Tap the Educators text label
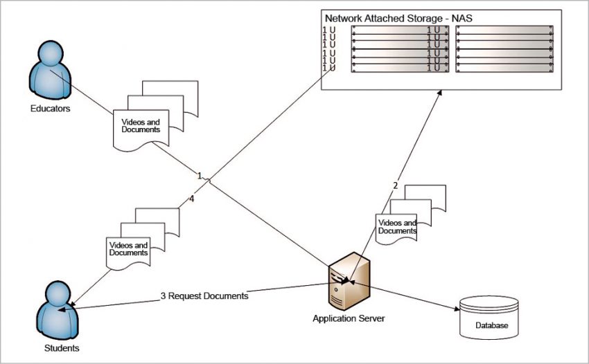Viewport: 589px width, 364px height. point(50,109)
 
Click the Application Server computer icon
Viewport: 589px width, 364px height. point(346,282)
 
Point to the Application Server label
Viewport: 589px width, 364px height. point(348,318)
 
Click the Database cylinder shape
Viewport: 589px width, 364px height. point(489,316)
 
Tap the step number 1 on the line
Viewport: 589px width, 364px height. point(200,176)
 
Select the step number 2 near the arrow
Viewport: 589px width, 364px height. point(395,185)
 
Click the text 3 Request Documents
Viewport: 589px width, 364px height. point(204,295)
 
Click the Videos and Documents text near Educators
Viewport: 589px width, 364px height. point(141,126)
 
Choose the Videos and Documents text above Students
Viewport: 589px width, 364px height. point(129,249)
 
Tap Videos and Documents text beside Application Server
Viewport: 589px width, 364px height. point(396,226)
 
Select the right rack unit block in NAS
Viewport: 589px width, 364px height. point(504,49)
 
